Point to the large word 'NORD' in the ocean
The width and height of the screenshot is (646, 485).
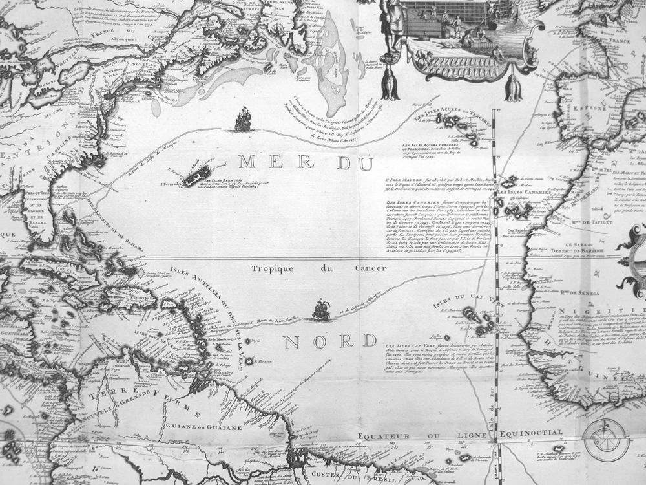pyautogui.click(x=330, y=341)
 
